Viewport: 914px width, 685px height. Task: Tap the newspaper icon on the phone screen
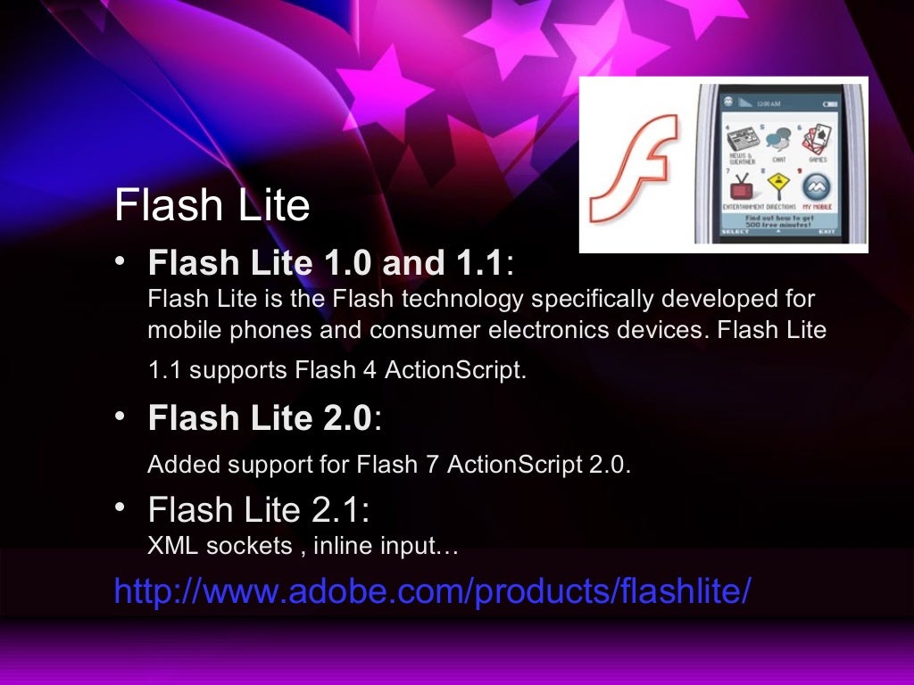[741, 141]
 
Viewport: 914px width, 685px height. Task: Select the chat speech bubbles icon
[778, 140]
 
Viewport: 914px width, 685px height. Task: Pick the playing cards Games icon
[817, 140]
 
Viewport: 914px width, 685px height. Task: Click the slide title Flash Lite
[212, 206]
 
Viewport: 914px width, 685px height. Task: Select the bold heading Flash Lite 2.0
[259, 417]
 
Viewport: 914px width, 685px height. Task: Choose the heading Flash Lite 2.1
[258, 510]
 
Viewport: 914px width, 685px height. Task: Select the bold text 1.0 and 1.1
[403, 263]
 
